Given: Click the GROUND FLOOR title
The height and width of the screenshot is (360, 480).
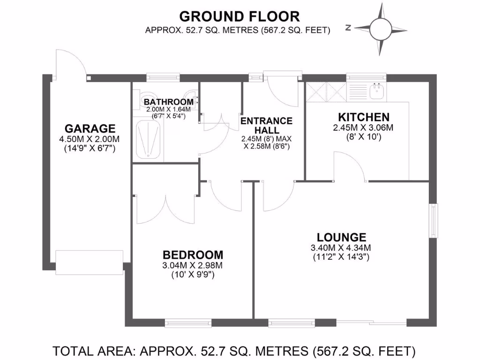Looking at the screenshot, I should pos(240,16).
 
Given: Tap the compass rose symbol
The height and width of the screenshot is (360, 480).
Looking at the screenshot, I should pos(381,28).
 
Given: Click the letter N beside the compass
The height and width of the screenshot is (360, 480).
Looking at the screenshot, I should pos(348,28).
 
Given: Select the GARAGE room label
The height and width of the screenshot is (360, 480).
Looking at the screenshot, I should pos(90,128).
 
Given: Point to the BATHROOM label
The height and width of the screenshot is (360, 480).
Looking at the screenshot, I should pos(168,102).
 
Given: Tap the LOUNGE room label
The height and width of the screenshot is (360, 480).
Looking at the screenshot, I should pos(341,237).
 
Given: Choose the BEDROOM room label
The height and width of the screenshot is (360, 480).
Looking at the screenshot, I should pos(193,255).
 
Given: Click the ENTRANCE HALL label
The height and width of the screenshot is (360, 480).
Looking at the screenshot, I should pos(266,125).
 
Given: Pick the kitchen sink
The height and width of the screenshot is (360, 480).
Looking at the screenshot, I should pos(376,91).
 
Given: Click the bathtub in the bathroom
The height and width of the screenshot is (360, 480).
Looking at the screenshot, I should pos(149,139).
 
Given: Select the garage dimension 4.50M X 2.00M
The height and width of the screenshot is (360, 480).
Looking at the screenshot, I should pos(90,139).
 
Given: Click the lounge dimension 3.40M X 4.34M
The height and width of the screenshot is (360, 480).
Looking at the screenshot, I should pos(341,247).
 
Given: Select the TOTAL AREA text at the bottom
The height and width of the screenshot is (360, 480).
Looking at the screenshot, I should pos(234,350).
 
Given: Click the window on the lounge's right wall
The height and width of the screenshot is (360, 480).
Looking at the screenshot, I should pos(434,221).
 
